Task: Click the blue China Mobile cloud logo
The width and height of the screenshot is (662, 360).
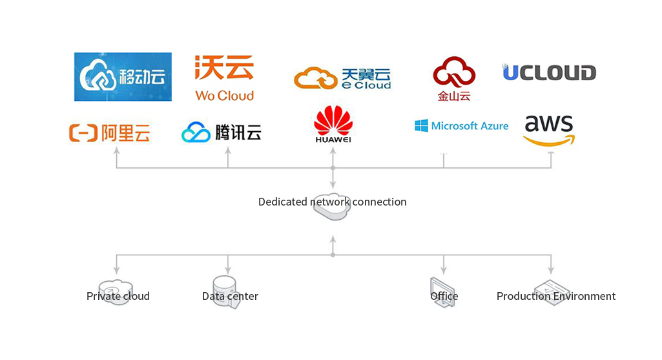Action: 123,77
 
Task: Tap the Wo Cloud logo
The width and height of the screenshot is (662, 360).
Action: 224,78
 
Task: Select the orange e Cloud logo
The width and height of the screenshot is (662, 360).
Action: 342,78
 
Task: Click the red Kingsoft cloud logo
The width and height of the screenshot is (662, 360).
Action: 454,79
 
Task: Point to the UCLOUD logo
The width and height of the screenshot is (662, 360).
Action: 549,72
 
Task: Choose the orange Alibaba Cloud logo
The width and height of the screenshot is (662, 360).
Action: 109,132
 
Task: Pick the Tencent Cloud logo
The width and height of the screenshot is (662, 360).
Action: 222,132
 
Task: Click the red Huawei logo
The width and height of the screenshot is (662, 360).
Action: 333,124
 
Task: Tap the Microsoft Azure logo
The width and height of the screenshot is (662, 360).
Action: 461,126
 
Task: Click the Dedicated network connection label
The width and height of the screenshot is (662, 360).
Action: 332,202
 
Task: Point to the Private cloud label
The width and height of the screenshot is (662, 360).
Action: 118,296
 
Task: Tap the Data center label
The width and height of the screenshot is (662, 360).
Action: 230,296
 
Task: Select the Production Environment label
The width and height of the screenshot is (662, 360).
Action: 555,296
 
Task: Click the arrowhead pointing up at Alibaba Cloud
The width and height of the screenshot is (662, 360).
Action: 116,151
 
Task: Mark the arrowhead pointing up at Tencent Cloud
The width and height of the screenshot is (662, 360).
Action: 228,151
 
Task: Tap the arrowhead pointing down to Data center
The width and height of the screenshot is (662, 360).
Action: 228,270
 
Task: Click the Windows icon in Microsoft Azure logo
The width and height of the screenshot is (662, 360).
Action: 421,126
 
